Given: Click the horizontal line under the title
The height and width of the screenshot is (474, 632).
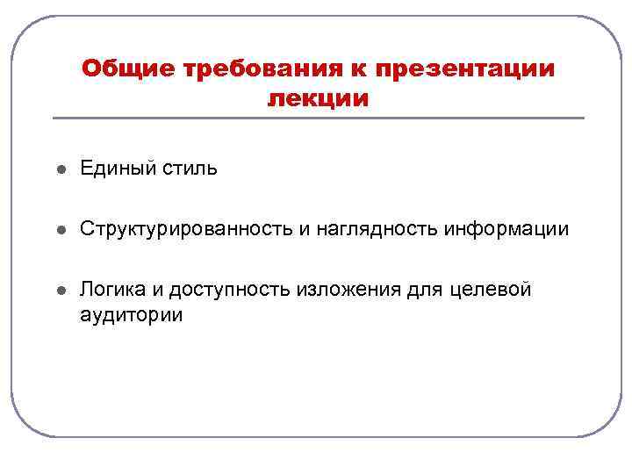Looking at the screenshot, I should [x=318, y=118].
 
